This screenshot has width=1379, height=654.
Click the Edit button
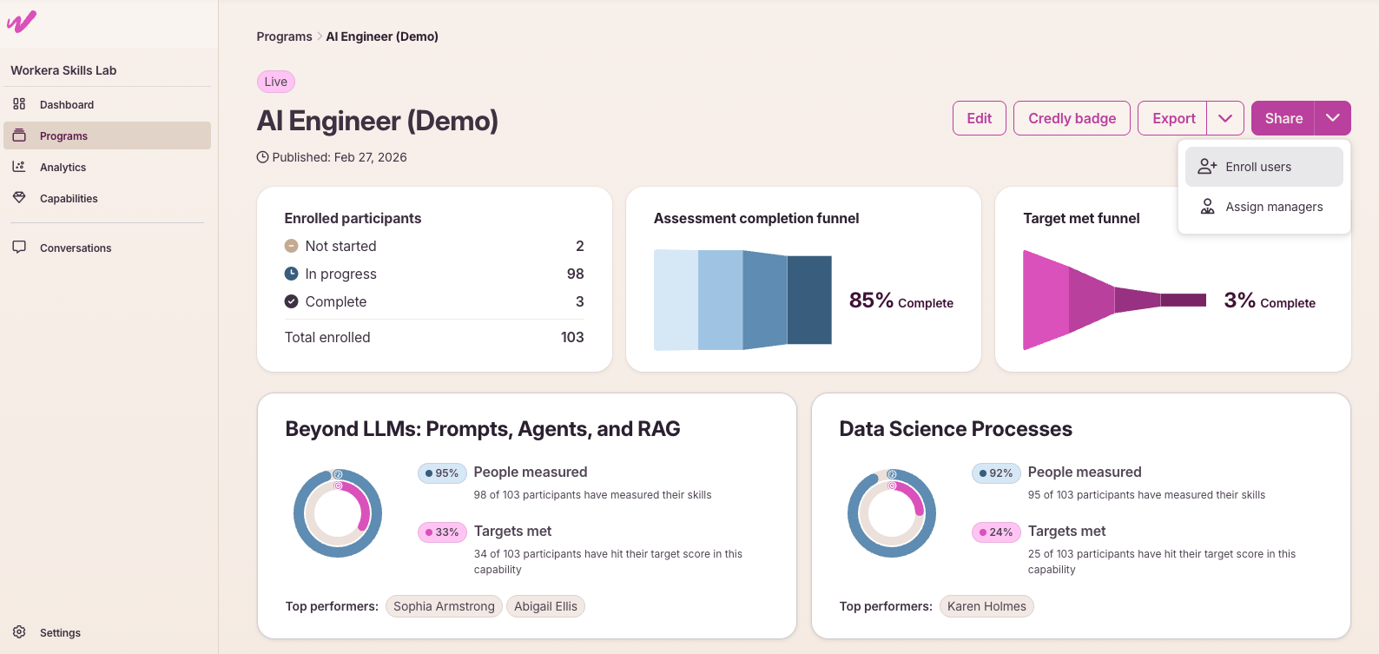coord(979,118)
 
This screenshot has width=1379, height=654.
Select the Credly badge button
coord(1072,118)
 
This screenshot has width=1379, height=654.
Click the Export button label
coord(1173,118)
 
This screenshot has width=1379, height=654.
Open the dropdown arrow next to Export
coord(1225,118)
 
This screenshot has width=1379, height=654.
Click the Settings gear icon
coord(19,631)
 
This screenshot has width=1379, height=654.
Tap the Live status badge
coord(276,82)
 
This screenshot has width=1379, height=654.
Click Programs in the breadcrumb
coord(284,36)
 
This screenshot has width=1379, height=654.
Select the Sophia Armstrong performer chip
coord(444,606)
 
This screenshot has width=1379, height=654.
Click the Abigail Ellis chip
coord(545,606)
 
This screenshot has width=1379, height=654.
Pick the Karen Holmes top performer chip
coord(986,606)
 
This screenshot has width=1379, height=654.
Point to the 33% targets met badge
coord(442,532)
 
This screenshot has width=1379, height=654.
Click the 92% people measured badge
coord(996,473)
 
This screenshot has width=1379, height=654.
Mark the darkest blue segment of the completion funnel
coord(809,300)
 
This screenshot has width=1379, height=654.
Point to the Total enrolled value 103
coord(572,337)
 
